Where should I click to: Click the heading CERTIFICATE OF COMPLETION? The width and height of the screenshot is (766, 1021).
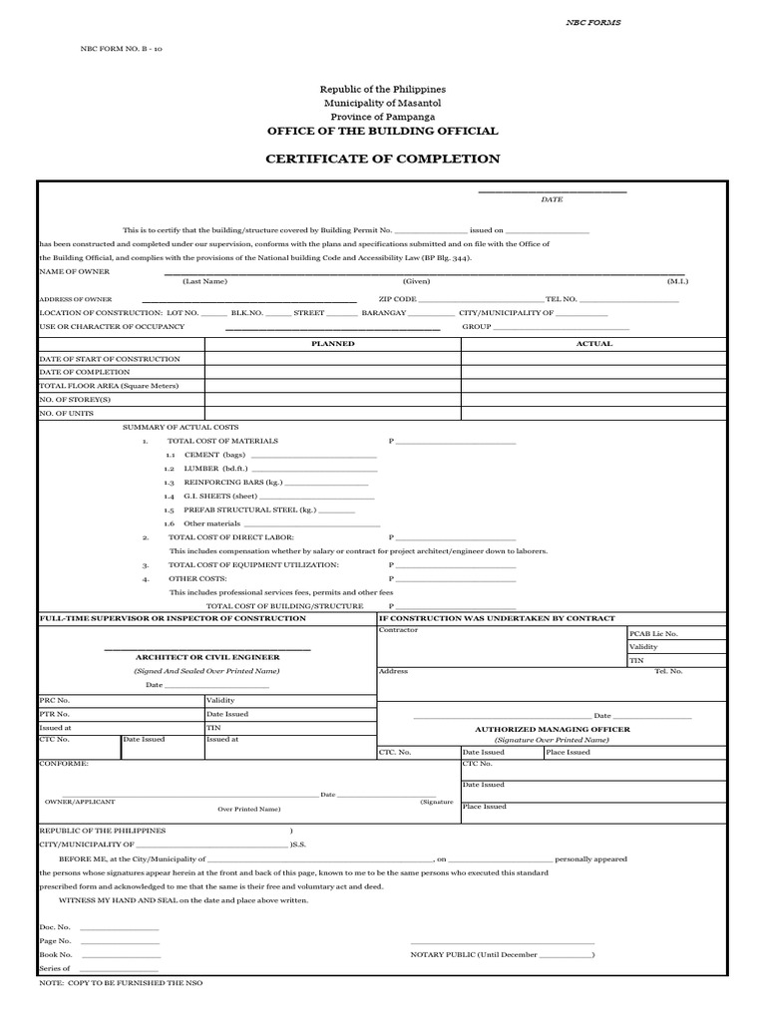tap(382, 159)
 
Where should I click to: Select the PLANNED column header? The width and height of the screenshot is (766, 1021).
tap(332, 344)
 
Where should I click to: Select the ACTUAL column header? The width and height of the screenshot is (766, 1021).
tap(594, 344)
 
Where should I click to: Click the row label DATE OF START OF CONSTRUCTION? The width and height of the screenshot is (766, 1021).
tap(110, 358)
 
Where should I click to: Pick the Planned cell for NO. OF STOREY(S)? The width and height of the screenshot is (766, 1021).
tap(332, 399)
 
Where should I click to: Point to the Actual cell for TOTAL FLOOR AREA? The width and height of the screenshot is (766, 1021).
tap(594, 385)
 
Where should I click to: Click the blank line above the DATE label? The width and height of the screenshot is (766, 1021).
tap(552, 190)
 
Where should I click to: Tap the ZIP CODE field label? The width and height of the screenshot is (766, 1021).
tap(397, 299)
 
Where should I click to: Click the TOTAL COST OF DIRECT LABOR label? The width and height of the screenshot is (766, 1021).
tap(224, 537)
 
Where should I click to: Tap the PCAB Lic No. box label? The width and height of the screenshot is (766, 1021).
tap(653, 633)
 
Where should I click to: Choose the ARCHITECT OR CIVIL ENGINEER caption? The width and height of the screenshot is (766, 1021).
tap(207, 658)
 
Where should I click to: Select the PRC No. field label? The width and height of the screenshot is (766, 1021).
tap(55, 700)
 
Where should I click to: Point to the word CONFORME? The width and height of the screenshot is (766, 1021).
tap(64, 763)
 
